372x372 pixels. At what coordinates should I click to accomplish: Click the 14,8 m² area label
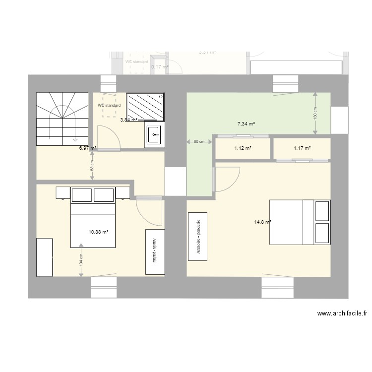(x=262, y=222)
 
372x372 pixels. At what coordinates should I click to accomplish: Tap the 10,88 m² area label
(x=99, y=231)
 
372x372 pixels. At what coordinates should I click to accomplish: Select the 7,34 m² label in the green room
(x=246, y=124)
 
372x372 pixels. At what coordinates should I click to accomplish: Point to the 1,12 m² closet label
(x=243, y=148)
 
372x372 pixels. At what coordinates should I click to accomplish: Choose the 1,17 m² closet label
(x=302, y=148)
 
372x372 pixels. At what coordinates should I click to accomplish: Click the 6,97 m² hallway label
(x=87, y=148)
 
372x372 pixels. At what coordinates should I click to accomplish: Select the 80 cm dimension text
(x=199, y=142)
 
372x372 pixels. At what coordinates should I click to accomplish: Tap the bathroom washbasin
(x=154, y=135)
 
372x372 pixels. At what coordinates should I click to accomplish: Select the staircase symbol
(x=61, y=119)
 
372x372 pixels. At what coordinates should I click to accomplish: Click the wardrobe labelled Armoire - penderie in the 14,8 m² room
(x=198, y=236)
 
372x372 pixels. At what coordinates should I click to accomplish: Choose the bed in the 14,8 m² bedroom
(x=300, y=222)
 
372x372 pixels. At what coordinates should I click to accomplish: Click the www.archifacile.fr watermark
(x=342, y=313)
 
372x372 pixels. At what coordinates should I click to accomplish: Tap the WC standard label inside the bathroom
(x=109, y=106)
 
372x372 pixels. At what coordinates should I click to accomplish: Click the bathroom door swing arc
(x=109, y=137)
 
